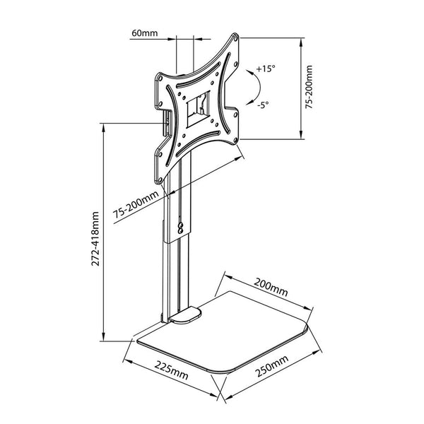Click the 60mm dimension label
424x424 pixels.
[146, 33]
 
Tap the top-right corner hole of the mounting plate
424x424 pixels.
[236, 42]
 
